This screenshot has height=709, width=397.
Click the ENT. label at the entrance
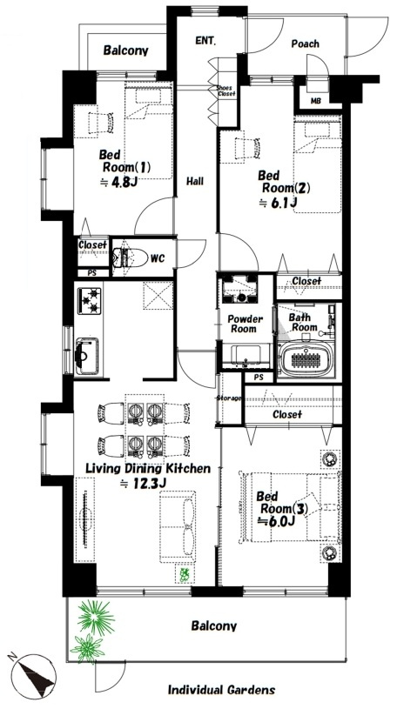point(205,41)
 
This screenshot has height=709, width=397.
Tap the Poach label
point(305,43)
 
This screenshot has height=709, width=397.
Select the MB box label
point(315,101)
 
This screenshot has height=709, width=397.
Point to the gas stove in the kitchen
point(89,300)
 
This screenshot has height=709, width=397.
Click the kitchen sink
point(86,355)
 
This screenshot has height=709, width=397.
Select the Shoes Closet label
point(225,90)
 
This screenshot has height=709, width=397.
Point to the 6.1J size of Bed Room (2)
point(278,204)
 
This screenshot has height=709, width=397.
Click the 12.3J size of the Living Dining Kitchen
point(144,483)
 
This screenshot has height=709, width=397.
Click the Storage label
point(229,398)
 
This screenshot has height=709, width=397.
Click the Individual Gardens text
point(221,690)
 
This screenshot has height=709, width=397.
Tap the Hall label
point(195,182)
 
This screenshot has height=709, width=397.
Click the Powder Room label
point(245,324)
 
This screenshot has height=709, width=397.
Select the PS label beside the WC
point(92,273)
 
